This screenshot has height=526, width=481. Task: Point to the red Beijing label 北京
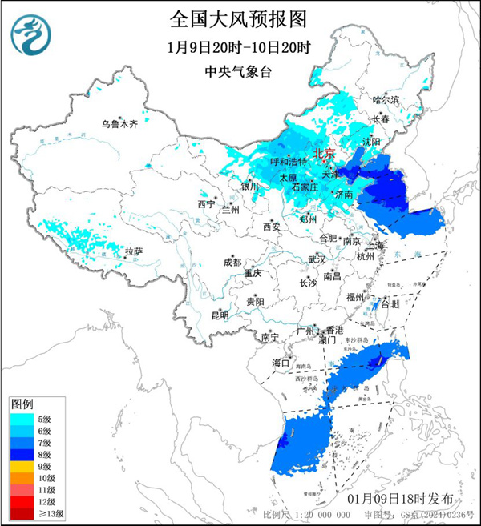pos(324,153)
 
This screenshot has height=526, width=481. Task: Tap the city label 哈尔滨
pos(386,99)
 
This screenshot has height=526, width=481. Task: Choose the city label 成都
pos(232,261)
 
